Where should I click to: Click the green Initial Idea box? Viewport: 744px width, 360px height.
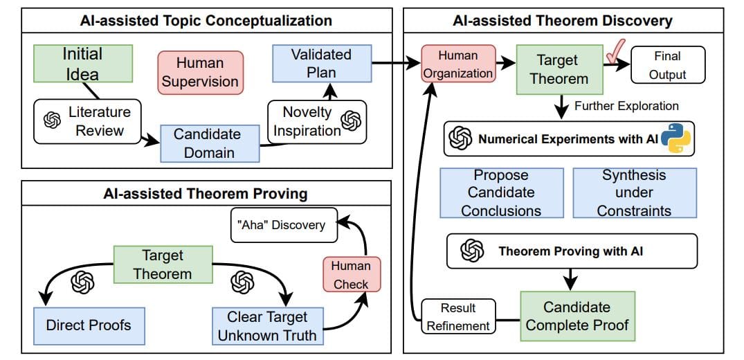[82, 64]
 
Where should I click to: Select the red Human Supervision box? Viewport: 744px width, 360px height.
[199, 72]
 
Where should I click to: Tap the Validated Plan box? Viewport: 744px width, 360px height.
[321, 63]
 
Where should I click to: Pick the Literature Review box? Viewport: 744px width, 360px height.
[87, 121]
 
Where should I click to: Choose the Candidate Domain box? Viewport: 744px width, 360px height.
[210, 143]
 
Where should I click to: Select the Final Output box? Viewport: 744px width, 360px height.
[666, 65]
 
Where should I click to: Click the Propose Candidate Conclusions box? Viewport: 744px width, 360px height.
[501, 192]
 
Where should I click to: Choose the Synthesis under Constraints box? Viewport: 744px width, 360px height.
[634, 192]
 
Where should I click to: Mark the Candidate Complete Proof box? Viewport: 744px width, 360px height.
[577, 316]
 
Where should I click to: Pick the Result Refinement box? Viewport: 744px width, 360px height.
[457, 316]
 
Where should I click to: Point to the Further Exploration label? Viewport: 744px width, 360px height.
[626, 106]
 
